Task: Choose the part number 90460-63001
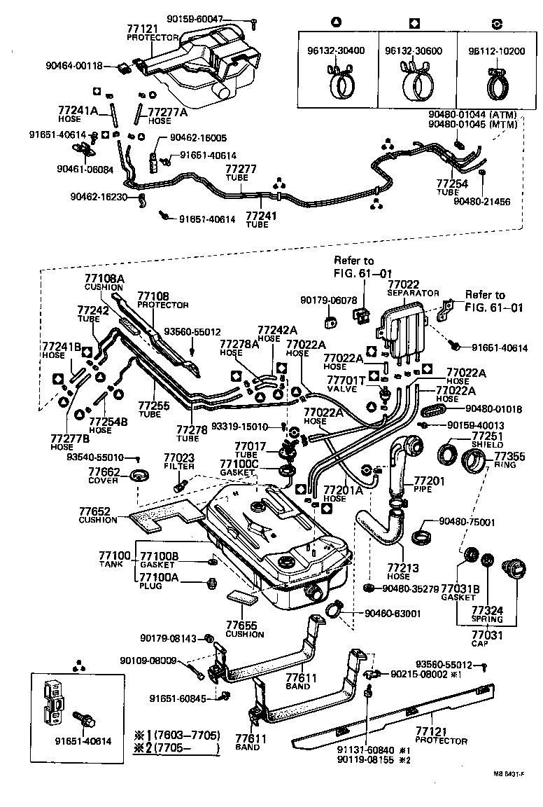click(x=392, y=614)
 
